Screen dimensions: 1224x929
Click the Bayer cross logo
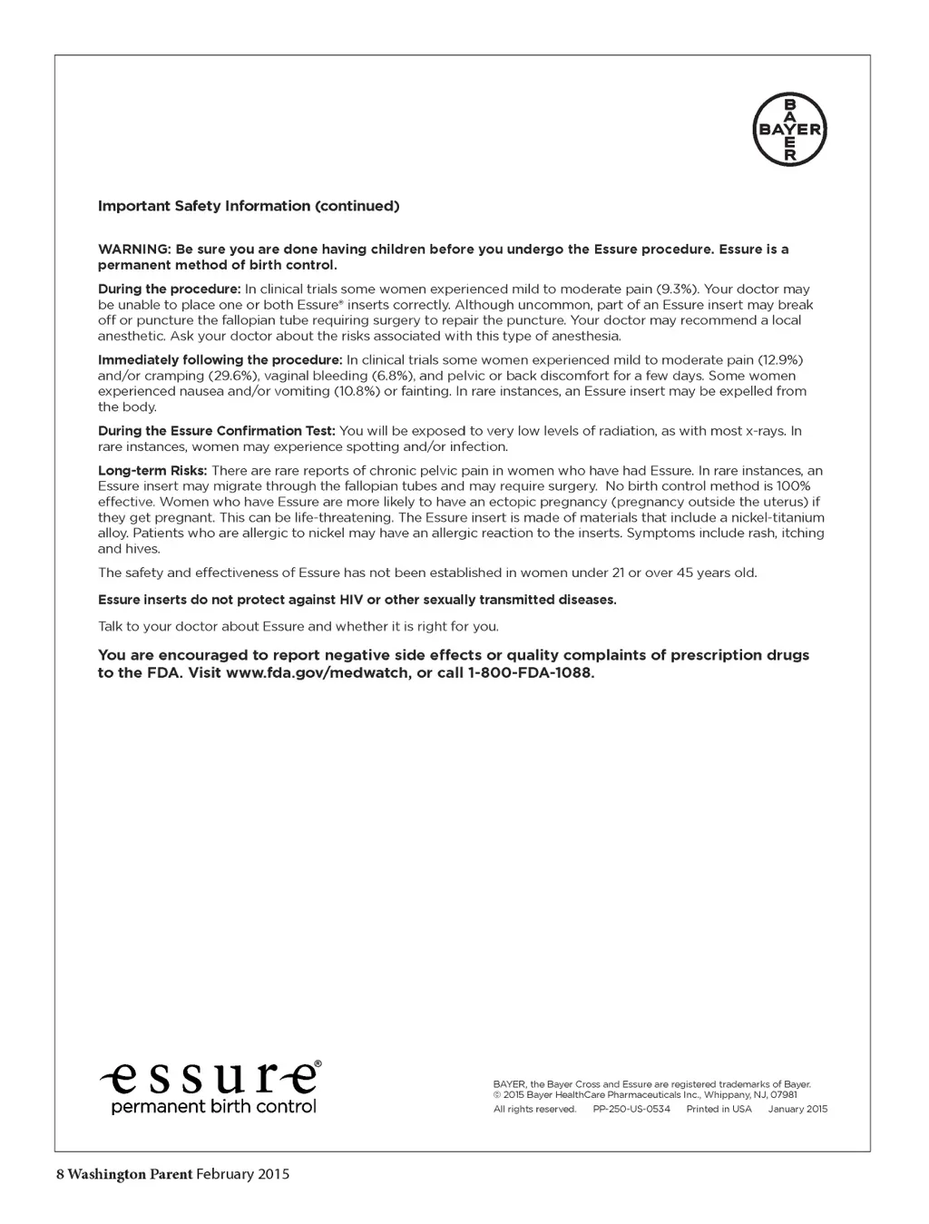(x=789, y=131)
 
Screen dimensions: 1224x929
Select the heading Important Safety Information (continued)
(x=249, y=206)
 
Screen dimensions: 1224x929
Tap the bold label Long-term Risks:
(x=152, y=471)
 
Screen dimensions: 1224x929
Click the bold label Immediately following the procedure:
(x=220, y=360)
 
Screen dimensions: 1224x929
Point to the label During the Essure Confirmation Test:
(x=217, y=431)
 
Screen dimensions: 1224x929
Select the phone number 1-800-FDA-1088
(x=530, y=673)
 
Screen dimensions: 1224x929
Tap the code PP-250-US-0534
(x=631, y=1109)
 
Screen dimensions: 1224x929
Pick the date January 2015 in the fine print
(x=797, y=1109)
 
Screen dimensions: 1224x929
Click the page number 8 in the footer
(x=60, y=1174)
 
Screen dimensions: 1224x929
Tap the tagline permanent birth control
(x=213, y=1107)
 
